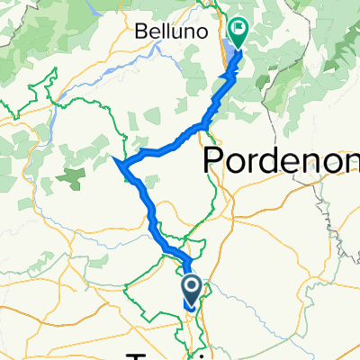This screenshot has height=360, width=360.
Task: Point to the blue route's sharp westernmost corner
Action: [x=119, y=161]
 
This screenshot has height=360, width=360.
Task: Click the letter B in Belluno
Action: [x=139, y=31]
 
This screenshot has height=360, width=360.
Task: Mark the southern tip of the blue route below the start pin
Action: [x=190, y=308]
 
